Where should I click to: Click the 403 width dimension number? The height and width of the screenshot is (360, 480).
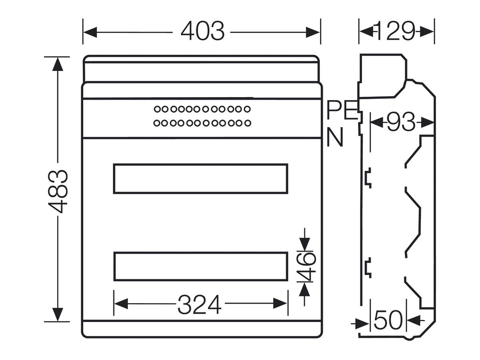202,31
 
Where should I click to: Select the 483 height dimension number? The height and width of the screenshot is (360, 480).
58,192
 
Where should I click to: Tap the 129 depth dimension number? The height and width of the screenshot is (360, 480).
394,31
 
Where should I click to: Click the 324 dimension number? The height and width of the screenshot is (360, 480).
200,304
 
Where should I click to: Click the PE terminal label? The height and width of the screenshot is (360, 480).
342,110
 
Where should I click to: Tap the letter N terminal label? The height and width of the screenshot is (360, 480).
334,137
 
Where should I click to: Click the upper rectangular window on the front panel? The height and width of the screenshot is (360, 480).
200,178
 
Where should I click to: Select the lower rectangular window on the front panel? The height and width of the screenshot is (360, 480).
200,266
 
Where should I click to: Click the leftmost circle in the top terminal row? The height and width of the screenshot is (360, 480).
157,109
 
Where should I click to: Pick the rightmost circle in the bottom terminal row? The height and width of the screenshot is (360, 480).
248,123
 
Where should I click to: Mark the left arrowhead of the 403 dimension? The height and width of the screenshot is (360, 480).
90,32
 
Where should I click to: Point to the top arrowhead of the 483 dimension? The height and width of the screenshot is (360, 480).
58,64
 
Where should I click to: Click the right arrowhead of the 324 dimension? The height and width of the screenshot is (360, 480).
280,303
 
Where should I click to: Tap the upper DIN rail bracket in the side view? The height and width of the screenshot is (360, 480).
368,178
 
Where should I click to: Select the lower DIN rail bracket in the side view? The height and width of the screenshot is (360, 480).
368,268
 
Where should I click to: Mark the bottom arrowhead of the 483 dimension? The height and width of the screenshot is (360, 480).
58,314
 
